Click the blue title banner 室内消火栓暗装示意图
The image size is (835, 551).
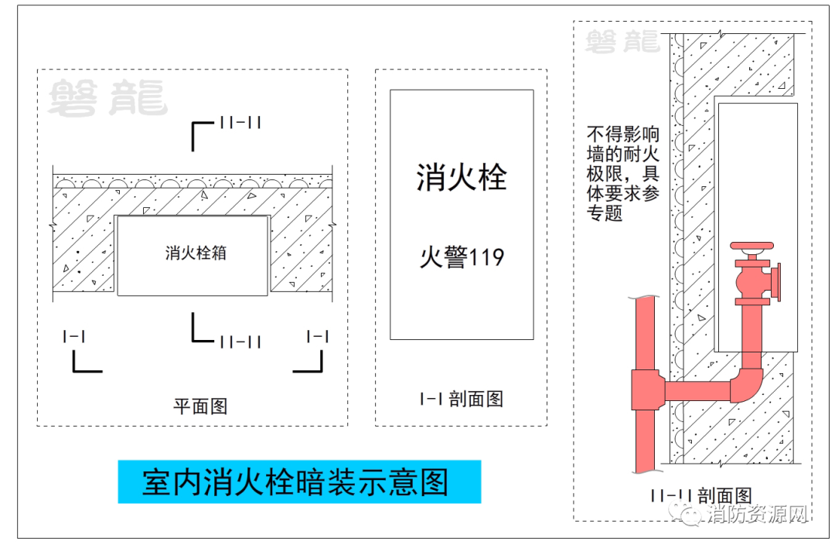point(299,481)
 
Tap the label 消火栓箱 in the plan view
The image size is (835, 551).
point(196,253)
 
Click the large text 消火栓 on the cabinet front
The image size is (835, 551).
point(461,177)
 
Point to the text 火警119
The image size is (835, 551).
point(462,257)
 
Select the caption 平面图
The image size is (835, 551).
point(200,406)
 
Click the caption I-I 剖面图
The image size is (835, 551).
point(461,399)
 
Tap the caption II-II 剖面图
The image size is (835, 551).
point(701,495)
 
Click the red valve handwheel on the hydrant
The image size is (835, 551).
point(751,246)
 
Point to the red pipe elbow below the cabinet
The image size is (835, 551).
point(747,383)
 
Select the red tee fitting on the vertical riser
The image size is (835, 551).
point(648,390)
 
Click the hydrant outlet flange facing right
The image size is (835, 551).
point(778,282)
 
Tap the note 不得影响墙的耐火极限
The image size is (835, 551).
point(623,174)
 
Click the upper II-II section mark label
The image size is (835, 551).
point(240,123)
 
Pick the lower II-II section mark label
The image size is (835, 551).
point(240,342)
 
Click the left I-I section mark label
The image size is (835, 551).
point(74,336)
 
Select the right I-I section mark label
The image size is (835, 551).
point(318,336)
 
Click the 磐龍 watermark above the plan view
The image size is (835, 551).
point(108,97)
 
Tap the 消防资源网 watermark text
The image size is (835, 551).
point(758,514)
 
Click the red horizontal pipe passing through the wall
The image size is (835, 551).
point(697,391)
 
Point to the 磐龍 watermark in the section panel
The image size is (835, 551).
point(622,42)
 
